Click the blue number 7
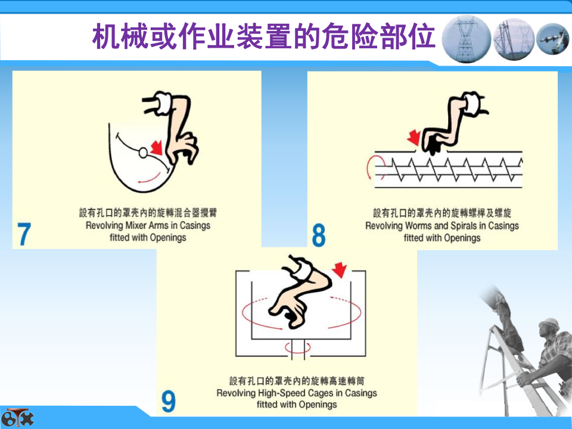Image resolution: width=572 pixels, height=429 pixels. pos(24,234)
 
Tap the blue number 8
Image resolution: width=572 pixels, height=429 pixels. pos(318,235)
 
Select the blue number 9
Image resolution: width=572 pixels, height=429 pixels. pos(169,401)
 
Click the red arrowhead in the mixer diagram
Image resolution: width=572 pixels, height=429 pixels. pos(157,147)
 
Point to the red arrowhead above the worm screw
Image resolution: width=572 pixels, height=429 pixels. pos(414,138)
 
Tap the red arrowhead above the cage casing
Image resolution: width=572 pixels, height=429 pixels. pos(340,269)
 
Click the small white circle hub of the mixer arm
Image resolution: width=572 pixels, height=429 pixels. pos(144,153)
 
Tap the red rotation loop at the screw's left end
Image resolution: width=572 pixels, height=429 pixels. pos(374,167)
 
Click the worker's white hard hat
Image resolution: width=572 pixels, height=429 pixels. pos(549,324)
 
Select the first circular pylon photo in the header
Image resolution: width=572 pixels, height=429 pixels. pos(466,39)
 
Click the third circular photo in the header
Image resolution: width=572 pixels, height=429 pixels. pos(553,39)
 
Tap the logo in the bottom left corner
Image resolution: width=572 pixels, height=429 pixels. pos(17,417)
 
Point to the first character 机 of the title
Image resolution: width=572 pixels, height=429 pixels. pos(106,36)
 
